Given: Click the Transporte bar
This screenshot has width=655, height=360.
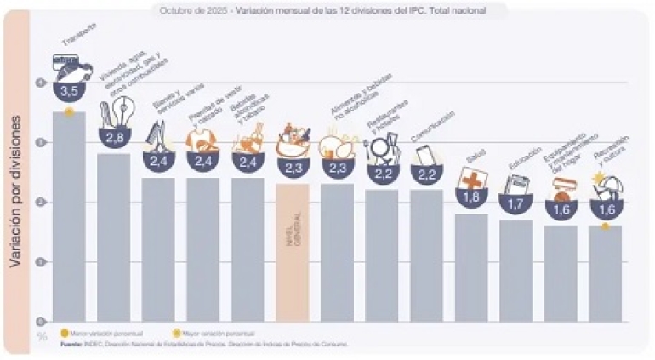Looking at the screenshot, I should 69,217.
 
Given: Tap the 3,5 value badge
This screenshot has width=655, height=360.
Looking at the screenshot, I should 69,89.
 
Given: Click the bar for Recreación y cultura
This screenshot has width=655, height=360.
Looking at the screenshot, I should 605,272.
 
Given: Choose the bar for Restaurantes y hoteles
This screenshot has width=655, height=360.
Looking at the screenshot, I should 381,255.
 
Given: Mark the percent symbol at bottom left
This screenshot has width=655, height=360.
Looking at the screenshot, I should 41,335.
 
